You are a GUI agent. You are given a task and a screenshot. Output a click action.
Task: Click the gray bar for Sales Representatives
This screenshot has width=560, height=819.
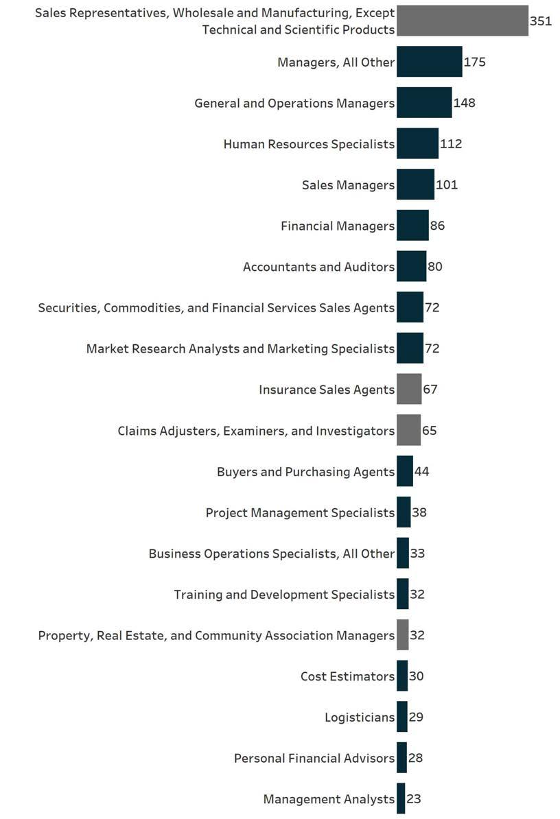(462, 21)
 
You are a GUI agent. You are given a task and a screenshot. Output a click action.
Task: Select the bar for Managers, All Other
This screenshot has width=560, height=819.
(429, 62)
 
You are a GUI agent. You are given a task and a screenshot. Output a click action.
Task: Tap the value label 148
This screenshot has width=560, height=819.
(464, 103)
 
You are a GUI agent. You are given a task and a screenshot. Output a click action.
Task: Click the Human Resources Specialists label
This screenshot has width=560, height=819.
(309, 144)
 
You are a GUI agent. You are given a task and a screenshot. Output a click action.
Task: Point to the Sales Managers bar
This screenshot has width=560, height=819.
(415, 185)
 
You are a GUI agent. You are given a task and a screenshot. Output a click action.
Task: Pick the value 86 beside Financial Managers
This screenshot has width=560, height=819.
(437, 226)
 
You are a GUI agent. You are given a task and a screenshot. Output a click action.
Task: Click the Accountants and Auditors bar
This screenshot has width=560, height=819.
(411, 266)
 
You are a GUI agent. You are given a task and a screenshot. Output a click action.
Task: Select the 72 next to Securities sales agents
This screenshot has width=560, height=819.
(432, 307)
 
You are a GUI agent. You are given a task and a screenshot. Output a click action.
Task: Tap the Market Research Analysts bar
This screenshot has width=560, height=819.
(410, 348)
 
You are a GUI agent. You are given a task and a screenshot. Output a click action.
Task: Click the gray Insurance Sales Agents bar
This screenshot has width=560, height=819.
(409, 390)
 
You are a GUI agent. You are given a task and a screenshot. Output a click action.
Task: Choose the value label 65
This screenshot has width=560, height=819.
(429, 431)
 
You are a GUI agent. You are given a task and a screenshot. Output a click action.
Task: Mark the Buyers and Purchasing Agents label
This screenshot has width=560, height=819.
(305, 471)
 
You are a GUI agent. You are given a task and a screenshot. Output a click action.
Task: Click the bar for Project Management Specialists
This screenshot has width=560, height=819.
(404, 512)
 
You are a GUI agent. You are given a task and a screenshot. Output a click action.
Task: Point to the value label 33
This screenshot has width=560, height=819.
(417, 554)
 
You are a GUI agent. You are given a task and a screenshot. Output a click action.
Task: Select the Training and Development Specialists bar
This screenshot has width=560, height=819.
(402, 594)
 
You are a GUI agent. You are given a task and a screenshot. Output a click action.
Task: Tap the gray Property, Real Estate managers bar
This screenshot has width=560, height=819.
(402, 635)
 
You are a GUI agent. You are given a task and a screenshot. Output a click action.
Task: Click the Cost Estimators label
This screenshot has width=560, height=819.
(347, 676)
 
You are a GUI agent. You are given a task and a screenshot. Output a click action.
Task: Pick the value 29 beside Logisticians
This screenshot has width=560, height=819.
(416, 717)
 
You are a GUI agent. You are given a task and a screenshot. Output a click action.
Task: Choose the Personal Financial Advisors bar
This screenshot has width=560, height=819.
(401, 758)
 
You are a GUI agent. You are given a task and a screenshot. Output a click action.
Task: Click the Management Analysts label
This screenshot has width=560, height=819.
(329, 799)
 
